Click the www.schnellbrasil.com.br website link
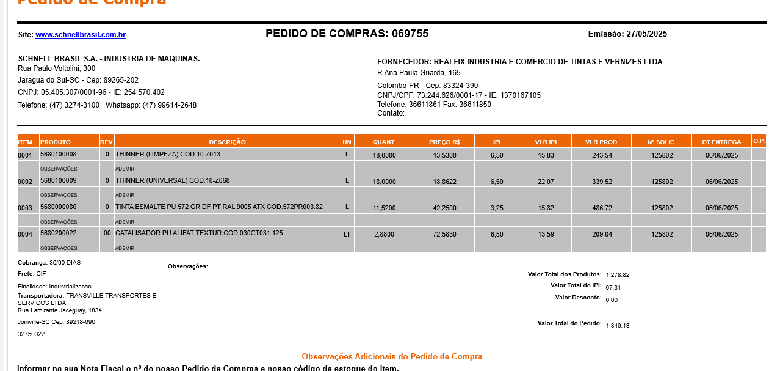[x=81, y=35]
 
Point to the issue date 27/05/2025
[x=646, y=34]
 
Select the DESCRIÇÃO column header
[x=227, y=142]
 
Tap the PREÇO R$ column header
[x=444, y=142]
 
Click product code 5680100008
[x=59, y=155]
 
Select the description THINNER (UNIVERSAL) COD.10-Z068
[x=172, y=181]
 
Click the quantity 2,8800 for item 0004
[x=384, y=235]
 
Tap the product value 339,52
[x=602, y=182]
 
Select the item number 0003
[x=25, y=208]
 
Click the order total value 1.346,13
[x=617, y=326]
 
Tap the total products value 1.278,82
[x=617, y=275]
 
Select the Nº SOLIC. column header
[x=662, y=142]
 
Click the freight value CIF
[x=42, y=274]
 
